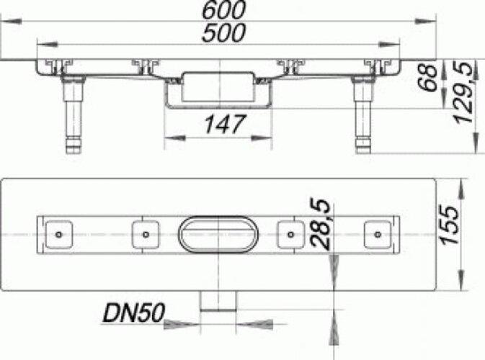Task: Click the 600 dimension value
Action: pyautogui.click(x=223, y=10)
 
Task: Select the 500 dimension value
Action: pyautogui.click(x=223, y=32)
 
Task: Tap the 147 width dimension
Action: pyautogui.click(x=225, y=125)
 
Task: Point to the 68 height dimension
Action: pyautogui.click(x=428, y=77)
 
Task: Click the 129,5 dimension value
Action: pyautogui.click(x=463, y=92)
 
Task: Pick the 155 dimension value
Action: pyautogui.click(x=450, y=225)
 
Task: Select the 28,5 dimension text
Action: pyautogui.click(x=321, y=224)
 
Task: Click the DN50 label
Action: pyautogui.click(x=133, y=313)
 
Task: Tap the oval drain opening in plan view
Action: pyautogui.click(x=218, y=235)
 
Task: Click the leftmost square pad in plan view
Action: pyautogui.click(x=59, y=235)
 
